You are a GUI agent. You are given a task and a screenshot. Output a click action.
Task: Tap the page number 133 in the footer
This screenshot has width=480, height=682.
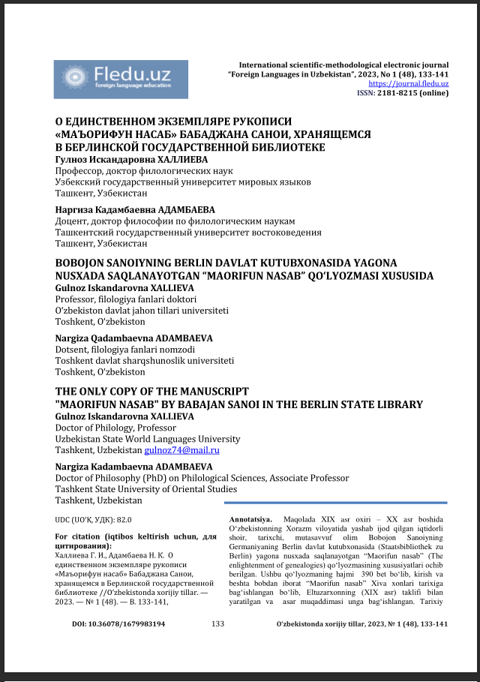[218, 623]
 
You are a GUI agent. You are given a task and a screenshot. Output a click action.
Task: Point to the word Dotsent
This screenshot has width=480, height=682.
[71, 349]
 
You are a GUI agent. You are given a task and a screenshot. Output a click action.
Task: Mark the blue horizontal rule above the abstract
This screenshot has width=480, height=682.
[337, 503]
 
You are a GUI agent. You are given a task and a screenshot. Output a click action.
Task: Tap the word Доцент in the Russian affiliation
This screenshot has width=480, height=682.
[72, 221]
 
